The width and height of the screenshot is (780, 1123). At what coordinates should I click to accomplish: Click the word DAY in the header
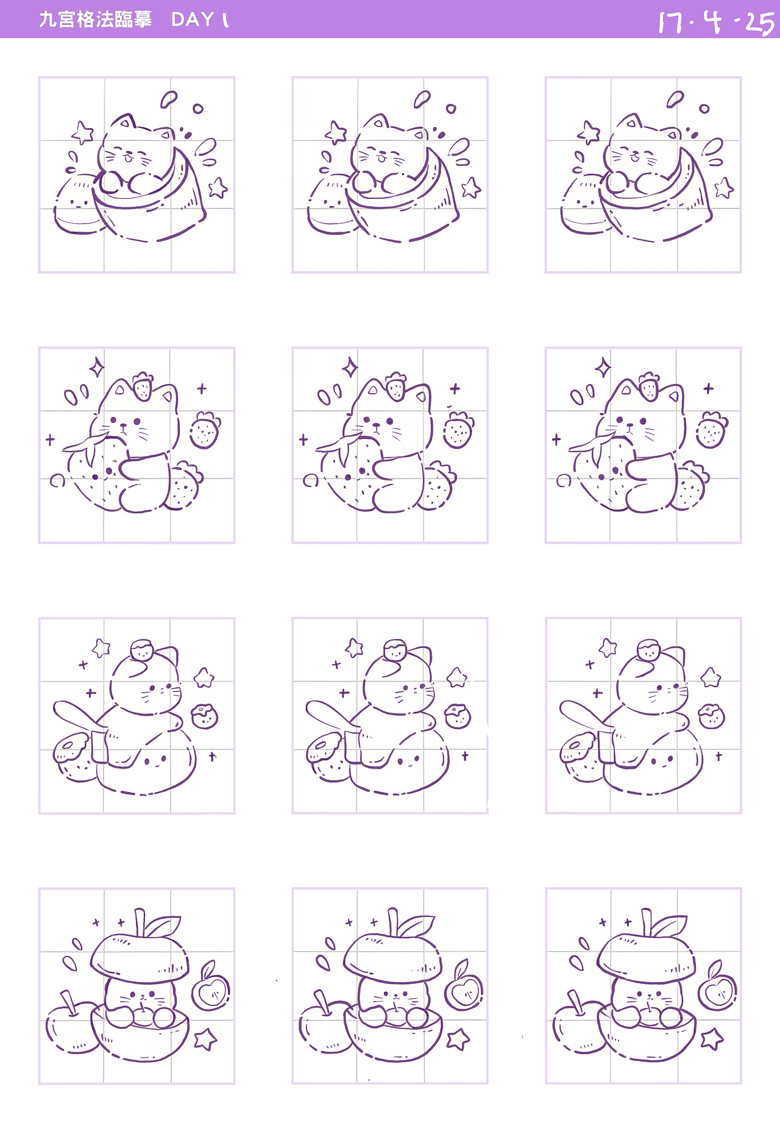click(193, 20)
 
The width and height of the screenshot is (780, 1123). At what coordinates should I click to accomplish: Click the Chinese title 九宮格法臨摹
click(95, 20)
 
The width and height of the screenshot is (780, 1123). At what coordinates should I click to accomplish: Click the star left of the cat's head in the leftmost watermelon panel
click(83, 132)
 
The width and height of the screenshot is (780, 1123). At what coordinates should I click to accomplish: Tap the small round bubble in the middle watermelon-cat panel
click(451, 109)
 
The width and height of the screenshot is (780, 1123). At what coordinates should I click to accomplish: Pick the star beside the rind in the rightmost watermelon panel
click(724, 188)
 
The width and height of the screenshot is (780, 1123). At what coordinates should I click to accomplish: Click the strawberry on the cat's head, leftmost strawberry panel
click(143, 386)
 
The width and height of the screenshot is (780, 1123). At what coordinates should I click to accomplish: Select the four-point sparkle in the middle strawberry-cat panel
click(350, 368)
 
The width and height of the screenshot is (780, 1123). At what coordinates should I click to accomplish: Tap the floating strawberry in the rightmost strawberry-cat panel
click(711, 430)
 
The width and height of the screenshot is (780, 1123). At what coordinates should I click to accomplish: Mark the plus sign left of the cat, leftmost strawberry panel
click(50, 439)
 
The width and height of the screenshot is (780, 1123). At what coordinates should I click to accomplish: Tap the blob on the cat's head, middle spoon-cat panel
click(395, 650)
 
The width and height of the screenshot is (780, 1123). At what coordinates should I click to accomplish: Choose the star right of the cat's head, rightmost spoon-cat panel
click(711, 677)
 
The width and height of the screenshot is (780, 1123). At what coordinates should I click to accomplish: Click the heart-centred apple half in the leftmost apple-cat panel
click(211, 992)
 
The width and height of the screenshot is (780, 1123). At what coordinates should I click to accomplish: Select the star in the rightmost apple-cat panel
click(712, 1039)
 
